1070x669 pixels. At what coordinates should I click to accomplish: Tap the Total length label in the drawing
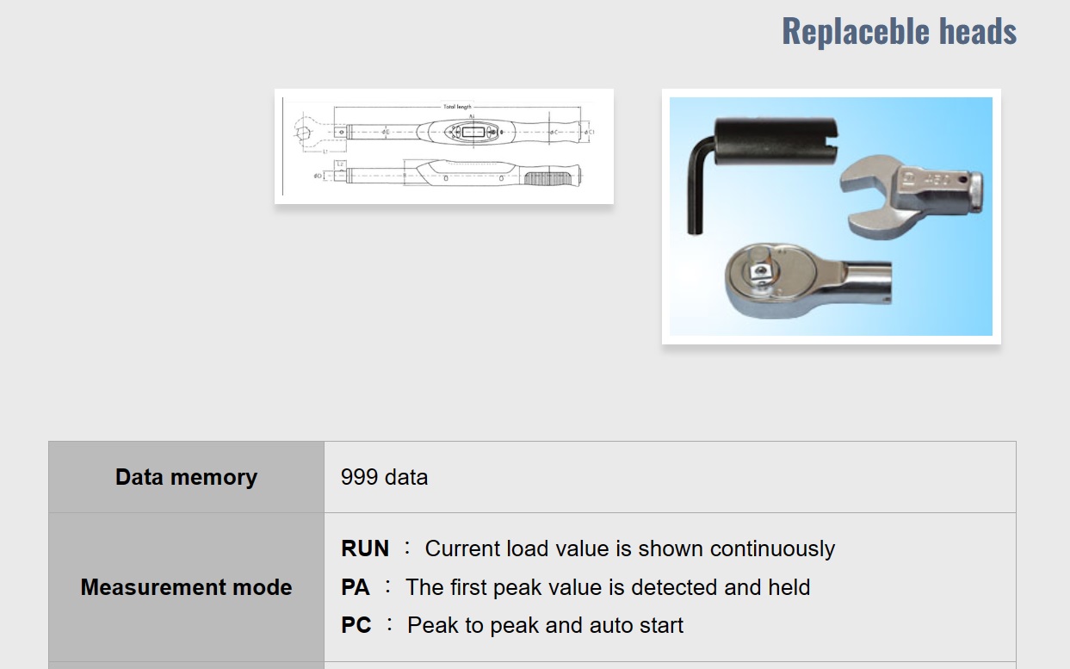[457, 107]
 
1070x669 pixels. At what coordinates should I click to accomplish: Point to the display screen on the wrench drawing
[473, 132]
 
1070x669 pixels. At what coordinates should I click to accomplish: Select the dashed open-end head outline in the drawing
[307, 133]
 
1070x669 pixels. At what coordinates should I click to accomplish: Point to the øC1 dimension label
[591, 132]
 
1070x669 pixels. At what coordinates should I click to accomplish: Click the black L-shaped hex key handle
[697, 194]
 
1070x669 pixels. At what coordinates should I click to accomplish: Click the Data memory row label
[186, 477]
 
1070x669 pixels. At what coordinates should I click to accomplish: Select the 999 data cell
[384, 477]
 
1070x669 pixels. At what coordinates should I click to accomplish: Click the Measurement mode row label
[186, 587]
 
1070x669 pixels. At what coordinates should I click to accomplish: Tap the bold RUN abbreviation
[365, 549]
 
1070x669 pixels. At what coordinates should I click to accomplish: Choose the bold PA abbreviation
[356, 587]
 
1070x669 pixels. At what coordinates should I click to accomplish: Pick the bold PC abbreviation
[356, 625]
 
